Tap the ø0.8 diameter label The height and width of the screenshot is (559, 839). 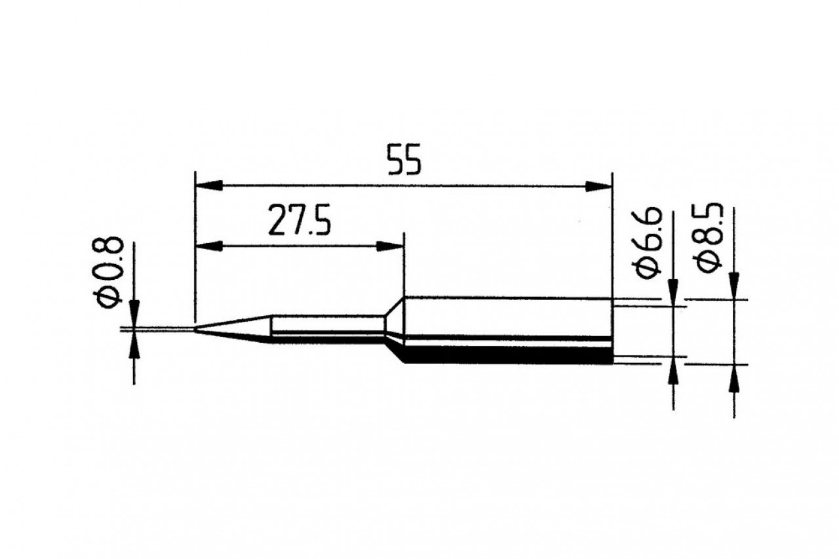point(109,271)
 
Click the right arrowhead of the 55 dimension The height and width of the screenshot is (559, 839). point(598,187)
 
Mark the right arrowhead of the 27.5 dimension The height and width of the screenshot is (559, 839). point(391,246)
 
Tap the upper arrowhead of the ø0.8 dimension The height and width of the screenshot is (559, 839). point(134,313)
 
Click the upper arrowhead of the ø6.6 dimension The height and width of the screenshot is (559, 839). point(674,292)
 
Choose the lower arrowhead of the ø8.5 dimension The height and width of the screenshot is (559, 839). point(734,377)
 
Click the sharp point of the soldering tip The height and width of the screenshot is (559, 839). point(196,328)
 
